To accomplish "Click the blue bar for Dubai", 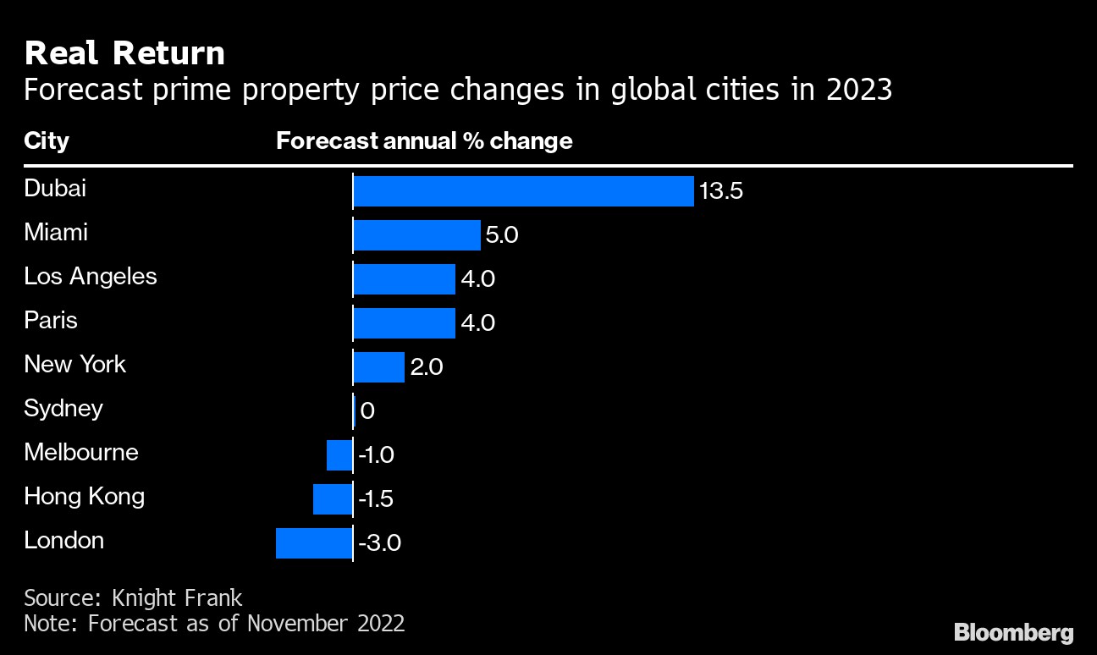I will [x=523, y=191].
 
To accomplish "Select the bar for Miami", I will [x=416, y=235].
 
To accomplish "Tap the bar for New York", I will [x=378, y=367].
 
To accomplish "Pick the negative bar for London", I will [x=313, y=543].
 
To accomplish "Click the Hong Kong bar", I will [x=332, y=499].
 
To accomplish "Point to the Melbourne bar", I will [x=339, y=455].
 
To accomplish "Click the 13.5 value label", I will [x=721, y=191].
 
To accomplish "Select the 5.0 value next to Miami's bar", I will [x=502, y=235].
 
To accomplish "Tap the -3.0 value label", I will [x=379, y=543].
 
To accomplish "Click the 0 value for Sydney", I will [x=367, y=411].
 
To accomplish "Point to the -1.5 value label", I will [x=376, y=499].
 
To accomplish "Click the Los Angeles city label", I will [x=91, y=276].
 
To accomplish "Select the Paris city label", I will [x=51, y=320].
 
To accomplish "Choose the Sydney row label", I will [x=63, y=408].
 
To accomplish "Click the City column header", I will [x=47, y=140].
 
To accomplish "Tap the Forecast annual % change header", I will [x=424, y=140].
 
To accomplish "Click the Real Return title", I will [x=124, y=53].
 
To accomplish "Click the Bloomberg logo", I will [x=1014, y=632].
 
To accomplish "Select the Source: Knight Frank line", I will [x=133, y=597].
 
